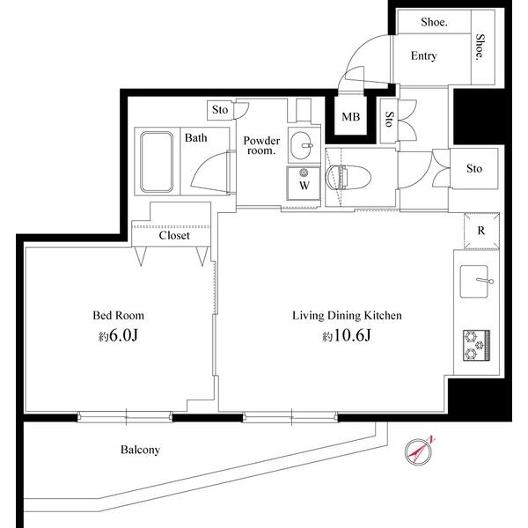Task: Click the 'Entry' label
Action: point(423,56)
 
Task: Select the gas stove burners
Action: point(476,344)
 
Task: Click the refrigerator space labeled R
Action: point(480,231)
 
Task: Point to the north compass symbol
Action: point(418,451)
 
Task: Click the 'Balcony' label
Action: point(140,450)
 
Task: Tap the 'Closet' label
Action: point(173,236)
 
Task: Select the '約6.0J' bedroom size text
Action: point(118,335)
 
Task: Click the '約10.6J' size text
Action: point(347,335)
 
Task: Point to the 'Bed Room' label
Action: point(118,314)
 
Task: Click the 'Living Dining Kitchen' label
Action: point(347,314)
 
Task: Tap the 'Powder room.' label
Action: point(260,145)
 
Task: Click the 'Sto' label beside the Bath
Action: point(219,110)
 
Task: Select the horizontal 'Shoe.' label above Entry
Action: point(434,23)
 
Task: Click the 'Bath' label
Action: point(195,137)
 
